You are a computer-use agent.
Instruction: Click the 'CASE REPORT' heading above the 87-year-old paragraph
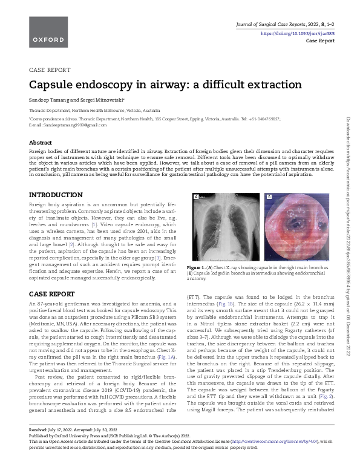pyautogui.click(x=52, y=294)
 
